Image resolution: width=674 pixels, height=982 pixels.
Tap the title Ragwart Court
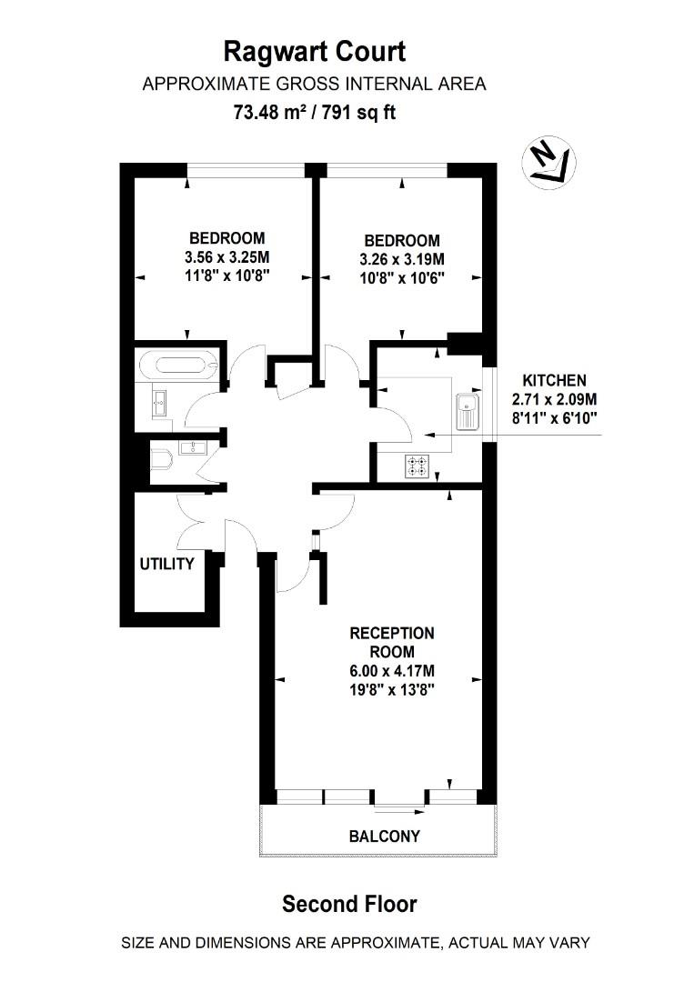[315, 50]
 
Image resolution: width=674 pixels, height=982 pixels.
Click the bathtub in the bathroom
[185, 367]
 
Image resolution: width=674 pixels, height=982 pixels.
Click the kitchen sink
[468, 409]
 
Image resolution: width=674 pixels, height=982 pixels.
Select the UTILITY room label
[166, 564]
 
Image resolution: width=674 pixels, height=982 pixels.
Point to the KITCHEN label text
[554, 380]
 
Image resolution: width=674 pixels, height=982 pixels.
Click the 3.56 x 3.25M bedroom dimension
[226, 256]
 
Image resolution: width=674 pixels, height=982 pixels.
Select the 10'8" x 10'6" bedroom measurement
[401, 275]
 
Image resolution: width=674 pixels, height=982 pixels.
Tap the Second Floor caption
[349, 904]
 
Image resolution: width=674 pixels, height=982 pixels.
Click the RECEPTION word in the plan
[392, 633]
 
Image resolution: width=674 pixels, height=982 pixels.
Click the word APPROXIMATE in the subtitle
[196, 85]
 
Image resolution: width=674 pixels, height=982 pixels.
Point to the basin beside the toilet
[194, 446]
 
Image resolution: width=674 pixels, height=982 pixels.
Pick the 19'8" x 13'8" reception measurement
[392, 690]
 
